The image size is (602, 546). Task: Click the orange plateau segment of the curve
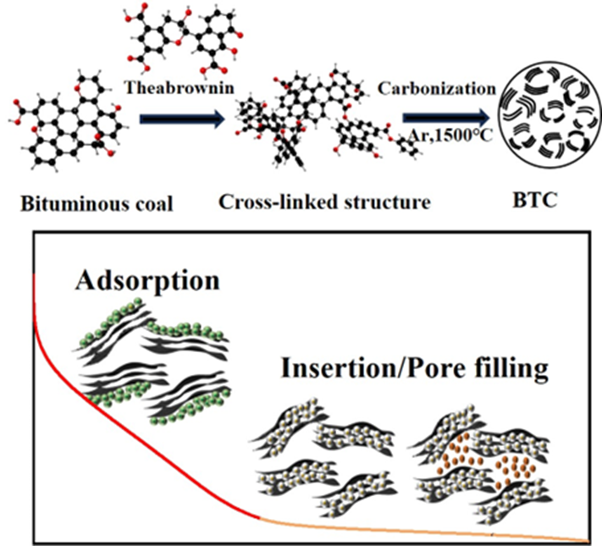click(x=423, y=528)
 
